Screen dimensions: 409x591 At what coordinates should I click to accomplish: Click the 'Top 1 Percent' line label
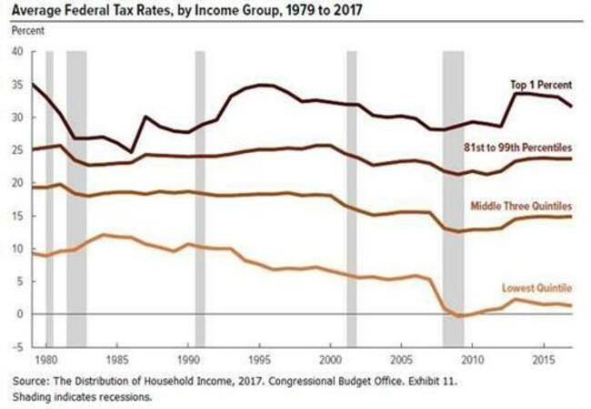pyautogui.click(x=541, y=85)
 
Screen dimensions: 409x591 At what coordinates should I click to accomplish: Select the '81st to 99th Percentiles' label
pyautogui.click(x=518, y=147)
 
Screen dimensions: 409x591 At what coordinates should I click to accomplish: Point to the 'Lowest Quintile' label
pyautogui.click(x=537, y=289)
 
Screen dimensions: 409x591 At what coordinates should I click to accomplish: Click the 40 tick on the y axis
pyautogui.click(x=17, y=52)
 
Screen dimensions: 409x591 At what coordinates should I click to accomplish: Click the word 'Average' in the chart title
pyautogui.click(x=39, y=11)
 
